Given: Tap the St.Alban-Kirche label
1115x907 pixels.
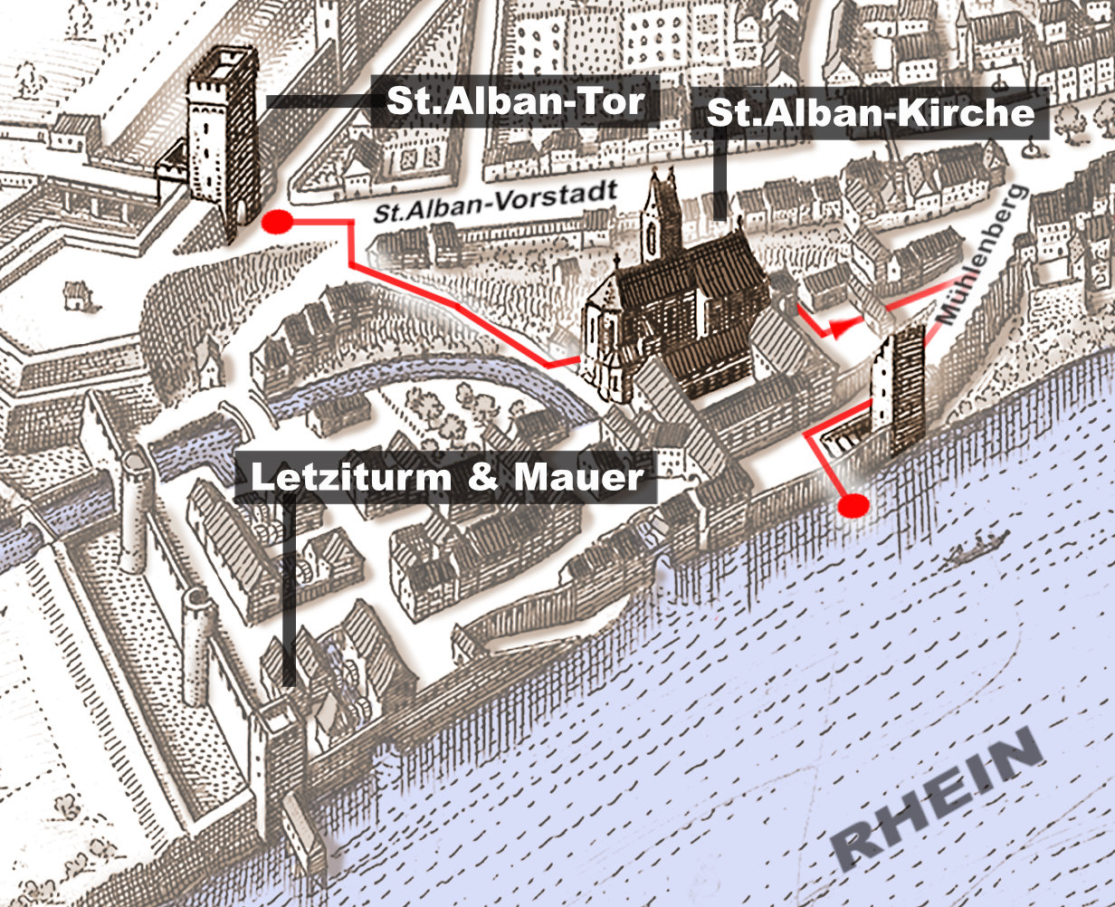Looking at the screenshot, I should [x=869, y=114].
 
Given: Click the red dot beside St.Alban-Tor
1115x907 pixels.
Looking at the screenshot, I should [x=276, y=221].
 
